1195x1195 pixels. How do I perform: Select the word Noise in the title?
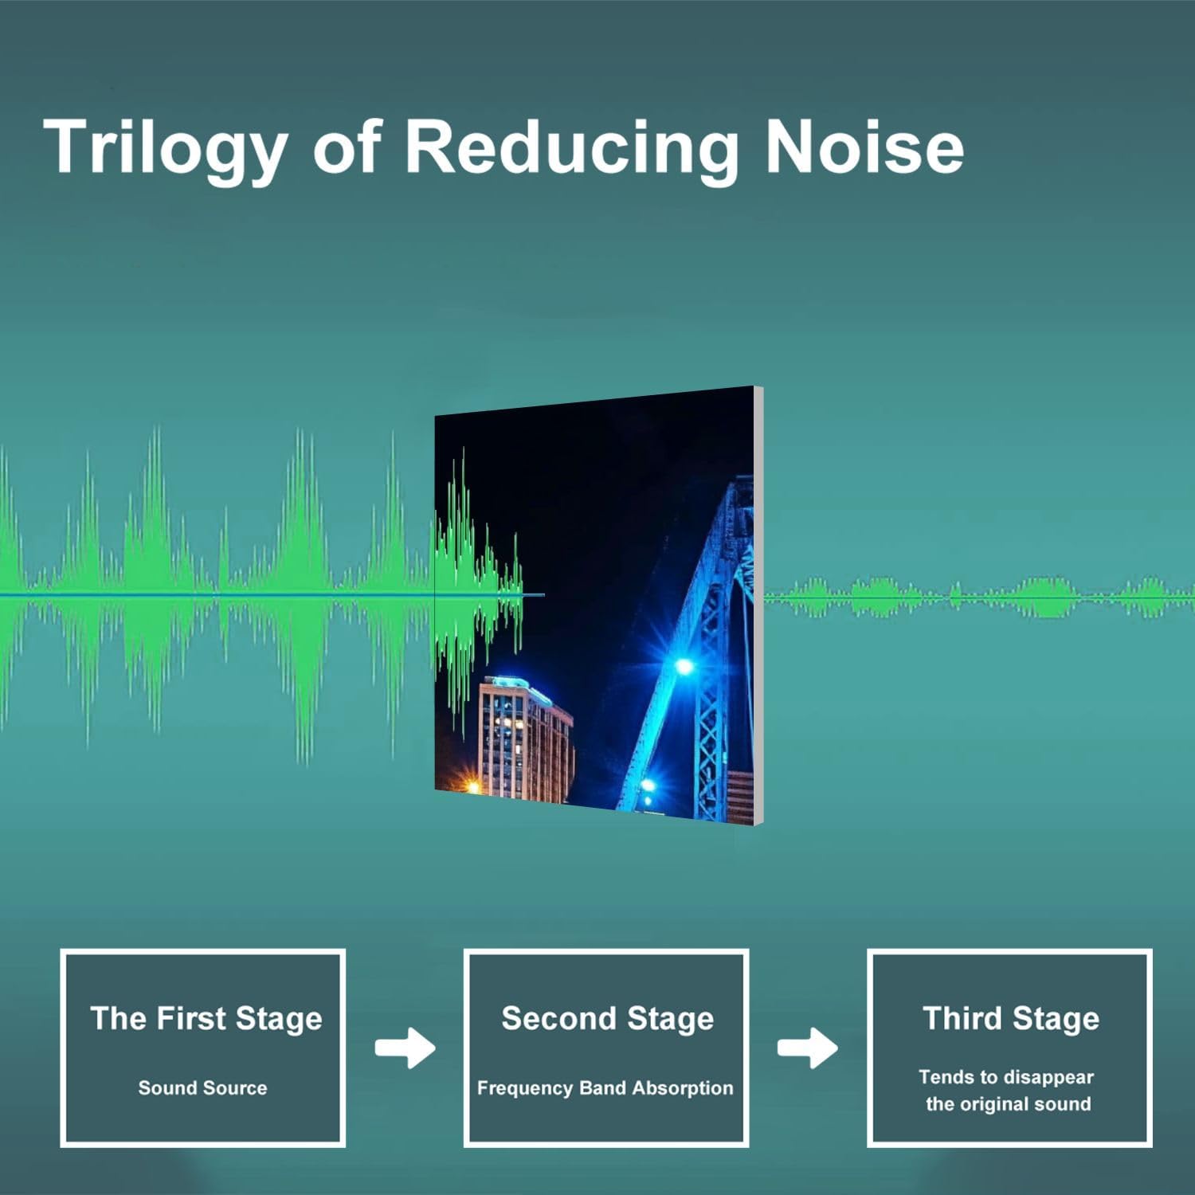point(864,147)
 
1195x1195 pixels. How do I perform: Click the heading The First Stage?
point(206,1018)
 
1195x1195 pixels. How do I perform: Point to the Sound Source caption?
point(202,1087)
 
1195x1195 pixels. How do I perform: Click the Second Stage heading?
point(607,1018)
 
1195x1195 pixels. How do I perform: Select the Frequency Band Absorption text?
point(605,1088)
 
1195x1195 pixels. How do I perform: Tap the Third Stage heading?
point(1011,1018)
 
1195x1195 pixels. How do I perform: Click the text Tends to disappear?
point(1006,1077)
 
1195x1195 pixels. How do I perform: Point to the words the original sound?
point(1008,1104)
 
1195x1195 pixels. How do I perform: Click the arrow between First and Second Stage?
point(406,1048)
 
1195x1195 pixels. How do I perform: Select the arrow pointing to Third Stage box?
point(808,1048)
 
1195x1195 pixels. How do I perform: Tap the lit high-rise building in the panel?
point(526,737)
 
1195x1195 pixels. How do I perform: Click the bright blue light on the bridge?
point(684,665)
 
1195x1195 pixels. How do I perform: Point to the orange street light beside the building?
point(472,787)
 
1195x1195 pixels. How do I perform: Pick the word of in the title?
point(347,147)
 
